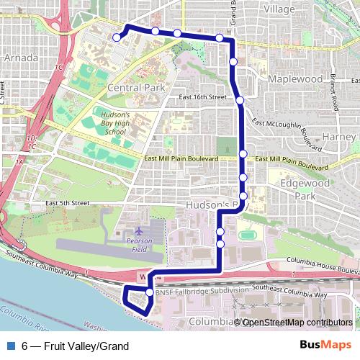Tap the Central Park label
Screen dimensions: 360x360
pyautogui.click(x=136, y=87)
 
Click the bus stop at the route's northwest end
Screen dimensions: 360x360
pyautogui.click(x=117, y=37)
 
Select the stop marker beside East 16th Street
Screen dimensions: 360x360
pyautogui.click(x=240, y=100)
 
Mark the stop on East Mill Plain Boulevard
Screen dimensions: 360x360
pyautogui.click(x=244, y=153)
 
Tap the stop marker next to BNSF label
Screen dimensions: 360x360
pyautogui.click(x=150, y=292)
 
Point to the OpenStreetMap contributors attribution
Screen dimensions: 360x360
pyautogui.click(x=297, y=322)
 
